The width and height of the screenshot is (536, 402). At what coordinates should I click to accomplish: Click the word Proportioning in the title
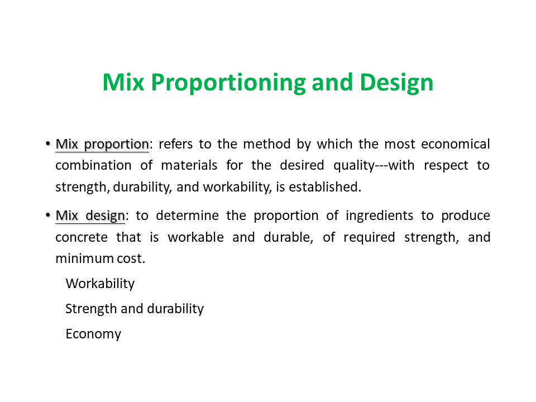[x=228, y=83]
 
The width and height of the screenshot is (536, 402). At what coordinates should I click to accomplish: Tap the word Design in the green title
[x=396, y=83]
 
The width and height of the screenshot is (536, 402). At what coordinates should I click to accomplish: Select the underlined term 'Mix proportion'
[x=102, y=144]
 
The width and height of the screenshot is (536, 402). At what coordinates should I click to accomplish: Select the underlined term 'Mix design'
[x=90, y=216]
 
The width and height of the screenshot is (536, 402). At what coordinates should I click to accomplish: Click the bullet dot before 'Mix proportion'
[x=48, y=144]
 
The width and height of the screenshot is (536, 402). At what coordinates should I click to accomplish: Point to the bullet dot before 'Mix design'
[x=48, y=216]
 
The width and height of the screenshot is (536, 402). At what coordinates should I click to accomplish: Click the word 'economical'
[x=456, y=144]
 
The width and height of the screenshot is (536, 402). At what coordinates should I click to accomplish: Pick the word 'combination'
[x=93, y=165]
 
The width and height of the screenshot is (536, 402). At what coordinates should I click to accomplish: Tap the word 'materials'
[x=189, y=165]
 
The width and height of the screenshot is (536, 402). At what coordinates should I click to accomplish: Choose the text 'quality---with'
[x=374, y=166]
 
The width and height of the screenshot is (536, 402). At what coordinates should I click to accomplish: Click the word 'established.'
[x=325, y=187]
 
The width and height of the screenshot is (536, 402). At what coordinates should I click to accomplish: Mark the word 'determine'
[x=188, y=216]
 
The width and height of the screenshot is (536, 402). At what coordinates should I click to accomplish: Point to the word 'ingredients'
[x=380, y=216]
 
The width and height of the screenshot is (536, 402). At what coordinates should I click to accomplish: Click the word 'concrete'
[x=82, y=238]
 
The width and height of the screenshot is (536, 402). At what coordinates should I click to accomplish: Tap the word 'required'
[x=369, y=238]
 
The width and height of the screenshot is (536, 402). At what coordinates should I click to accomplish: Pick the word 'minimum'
[x=85, y=259]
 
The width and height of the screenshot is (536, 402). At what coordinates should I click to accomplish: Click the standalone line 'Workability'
[x=100, y=284]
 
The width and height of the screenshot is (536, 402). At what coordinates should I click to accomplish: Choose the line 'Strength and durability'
[x=135, y=309]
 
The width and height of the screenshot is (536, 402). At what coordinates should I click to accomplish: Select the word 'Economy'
[x=93, y=334]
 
